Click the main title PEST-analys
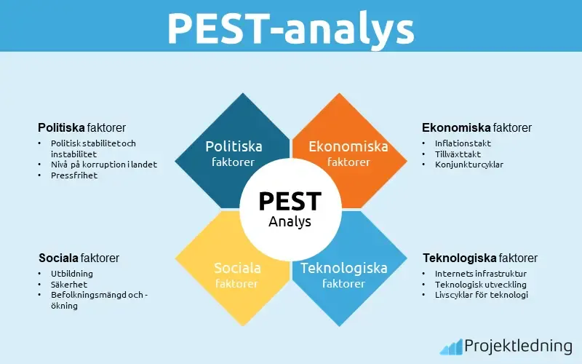point(291,28)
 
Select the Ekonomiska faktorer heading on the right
point(477,127)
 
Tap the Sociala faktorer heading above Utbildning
point(79,258)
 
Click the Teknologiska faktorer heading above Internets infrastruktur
point(480,258)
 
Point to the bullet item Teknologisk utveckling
point(481,285)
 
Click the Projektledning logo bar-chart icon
point(451,346)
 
